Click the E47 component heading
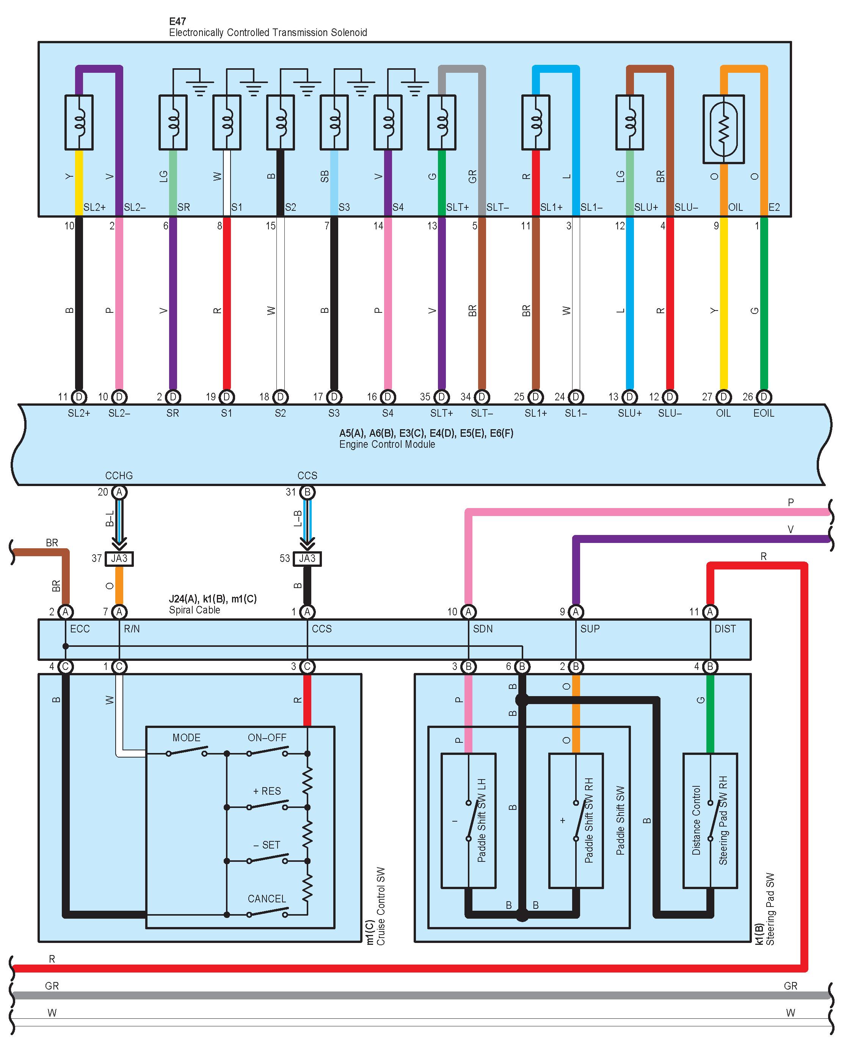(177, 21)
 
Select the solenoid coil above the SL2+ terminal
(79, 122)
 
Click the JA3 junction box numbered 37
(119, 558)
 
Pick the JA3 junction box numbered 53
(307, 558)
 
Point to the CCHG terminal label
(119, 475)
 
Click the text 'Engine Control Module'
(387, 444)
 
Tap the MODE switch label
(186, 737)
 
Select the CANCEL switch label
(266, 899)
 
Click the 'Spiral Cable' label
(195, 610)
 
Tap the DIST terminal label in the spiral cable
(725, 629)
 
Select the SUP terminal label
(590, 629)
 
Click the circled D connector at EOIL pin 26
(764, 397)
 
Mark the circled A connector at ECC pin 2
(65, 612)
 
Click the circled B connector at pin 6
(522, 667)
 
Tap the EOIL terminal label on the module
(764, 413)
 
